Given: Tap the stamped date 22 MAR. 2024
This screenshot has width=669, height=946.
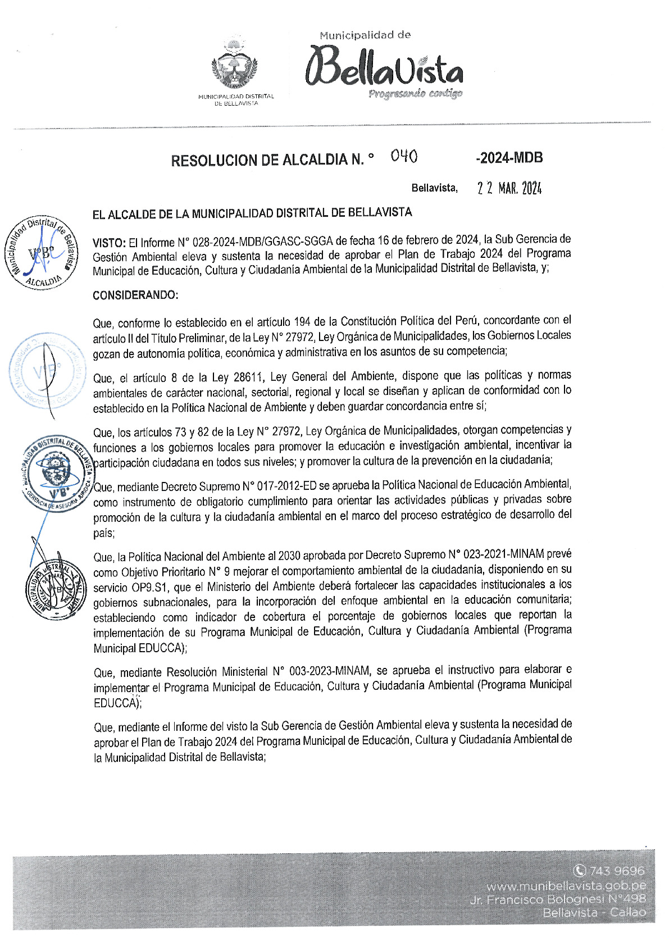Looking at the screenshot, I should (x=509, y=188).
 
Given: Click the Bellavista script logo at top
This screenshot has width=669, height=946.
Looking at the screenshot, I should (x=384, y=68).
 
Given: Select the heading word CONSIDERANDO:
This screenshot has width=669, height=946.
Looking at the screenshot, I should (x=135, y=295).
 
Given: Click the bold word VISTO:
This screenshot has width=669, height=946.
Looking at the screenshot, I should (x=109, y=243).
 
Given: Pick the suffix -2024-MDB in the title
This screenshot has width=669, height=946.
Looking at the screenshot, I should (x=509, y=158).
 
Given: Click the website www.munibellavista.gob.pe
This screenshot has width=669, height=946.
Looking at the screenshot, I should (x=566, y=886).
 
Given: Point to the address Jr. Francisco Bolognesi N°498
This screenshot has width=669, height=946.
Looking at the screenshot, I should (x=558, y=899).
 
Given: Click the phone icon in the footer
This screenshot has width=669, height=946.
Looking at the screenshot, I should (x=579, y=871).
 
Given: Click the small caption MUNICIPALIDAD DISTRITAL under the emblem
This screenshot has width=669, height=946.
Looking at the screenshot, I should (x=236, y=97).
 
